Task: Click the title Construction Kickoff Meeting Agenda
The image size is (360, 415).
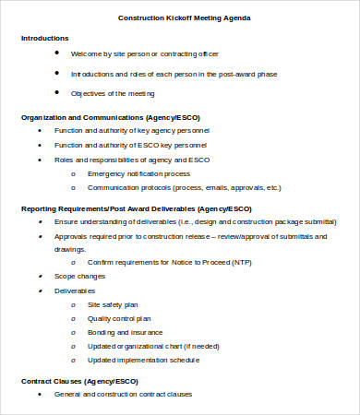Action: (184, 18)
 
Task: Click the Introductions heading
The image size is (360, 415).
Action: (44, 39)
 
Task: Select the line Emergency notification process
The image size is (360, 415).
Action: (138, 172)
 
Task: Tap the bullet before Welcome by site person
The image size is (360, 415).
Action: (57, 53)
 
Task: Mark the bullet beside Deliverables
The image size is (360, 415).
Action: (40, 290)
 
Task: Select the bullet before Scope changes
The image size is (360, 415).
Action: (40, 276)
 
